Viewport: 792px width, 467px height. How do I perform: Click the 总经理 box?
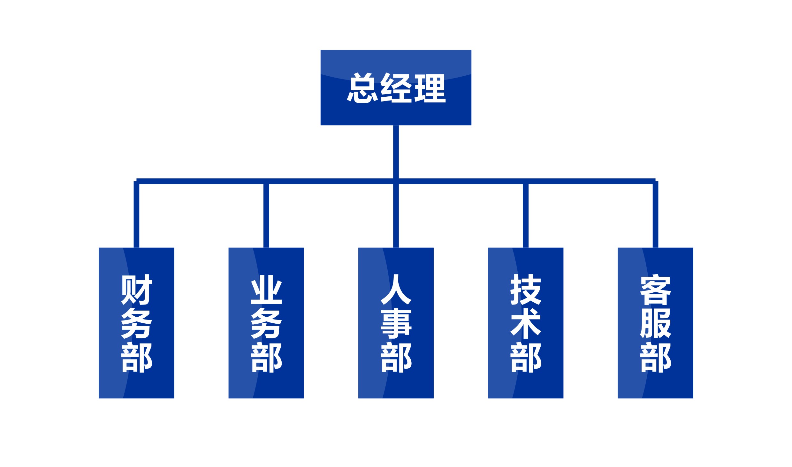396,87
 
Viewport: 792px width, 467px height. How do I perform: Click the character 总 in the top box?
362,88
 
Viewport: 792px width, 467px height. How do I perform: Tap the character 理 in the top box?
430,88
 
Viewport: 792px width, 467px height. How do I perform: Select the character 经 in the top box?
396,88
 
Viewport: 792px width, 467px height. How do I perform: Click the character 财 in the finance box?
137,289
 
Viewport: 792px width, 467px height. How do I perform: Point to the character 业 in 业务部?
266,290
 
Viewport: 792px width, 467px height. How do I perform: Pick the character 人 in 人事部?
396,289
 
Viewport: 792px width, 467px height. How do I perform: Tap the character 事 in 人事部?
396,323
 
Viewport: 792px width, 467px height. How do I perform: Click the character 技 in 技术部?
526,289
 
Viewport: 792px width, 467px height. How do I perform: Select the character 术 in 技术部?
526,323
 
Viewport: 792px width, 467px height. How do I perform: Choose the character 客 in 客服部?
656,289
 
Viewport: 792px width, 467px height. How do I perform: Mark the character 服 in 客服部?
656,323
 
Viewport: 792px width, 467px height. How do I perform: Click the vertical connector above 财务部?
136,214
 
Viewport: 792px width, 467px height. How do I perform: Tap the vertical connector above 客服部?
655,214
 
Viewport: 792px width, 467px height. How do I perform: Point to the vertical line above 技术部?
526,215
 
